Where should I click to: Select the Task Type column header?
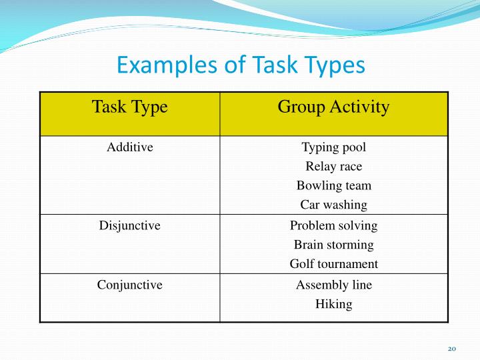[129, 107]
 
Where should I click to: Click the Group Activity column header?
[333, 107]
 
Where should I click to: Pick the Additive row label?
[130, 147]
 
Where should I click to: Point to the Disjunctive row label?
[130, 226]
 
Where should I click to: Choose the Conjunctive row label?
[130, 285]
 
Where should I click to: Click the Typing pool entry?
[333, 147]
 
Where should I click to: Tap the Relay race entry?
[333, 167]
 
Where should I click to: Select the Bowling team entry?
[333, 186]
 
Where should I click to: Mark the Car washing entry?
[333, 205]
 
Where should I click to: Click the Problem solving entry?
[333, 226]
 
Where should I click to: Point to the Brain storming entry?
[333, 245]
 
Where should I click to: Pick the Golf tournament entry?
[333, 265]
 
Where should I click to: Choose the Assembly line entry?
[333, 285]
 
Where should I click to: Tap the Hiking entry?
[333, 305]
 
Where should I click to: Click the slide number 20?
[451, 349]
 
